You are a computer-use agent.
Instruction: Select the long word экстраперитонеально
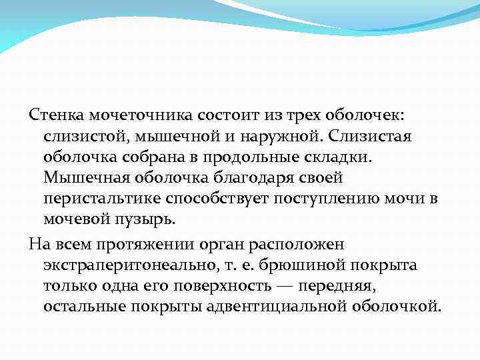tap(127, 265)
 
